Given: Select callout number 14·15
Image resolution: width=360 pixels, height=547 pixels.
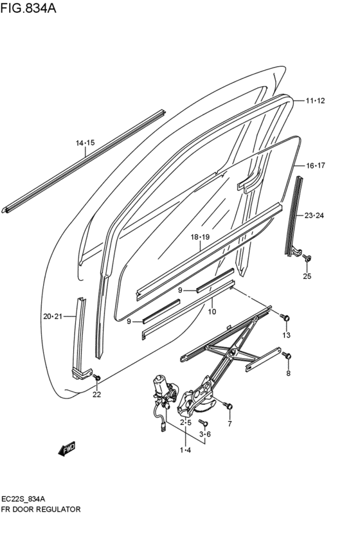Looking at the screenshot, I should pos(85,143).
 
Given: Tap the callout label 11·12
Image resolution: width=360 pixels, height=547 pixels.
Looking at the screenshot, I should pos(315,100).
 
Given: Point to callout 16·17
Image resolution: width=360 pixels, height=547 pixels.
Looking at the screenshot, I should pos(315,165).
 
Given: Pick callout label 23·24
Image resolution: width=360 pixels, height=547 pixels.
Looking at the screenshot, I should pos(315,215).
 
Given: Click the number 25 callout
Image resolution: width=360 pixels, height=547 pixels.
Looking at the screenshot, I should pos(307,276).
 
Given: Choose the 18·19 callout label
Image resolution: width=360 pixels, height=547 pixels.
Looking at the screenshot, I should pos(200,237).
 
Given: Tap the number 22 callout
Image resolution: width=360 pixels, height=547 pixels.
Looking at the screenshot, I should pos(96,395).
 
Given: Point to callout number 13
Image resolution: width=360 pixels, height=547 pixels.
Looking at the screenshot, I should pos(286,335).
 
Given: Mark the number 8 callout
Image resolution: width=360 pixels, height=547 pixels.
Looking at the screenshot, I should pos(288,373).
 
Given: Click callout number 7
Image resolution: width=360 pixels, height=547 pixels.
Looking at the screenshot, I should pos(230,424).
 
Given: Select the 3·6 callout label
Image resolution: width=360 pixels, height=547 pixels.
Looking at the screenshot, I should pos(205,435).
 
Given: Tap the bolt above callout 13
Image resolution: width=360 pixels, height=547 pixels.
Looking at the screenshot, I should pos(286,318).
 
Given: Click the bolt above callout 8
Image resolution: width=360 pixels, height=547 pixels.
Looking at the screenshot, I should pos(287,355).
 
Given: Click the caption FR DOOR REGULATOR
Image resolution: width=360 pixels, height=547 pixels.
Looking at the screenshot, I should pos(41,508).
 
